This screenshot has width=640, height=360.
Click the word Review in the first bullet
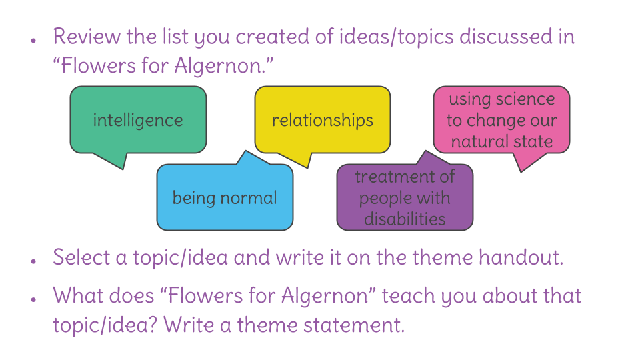tap(87, 36)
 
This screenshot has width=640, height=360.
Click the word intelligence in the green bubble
tap(138, 121)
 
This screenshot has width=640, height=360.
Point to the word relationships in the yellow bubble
tap(323, 121)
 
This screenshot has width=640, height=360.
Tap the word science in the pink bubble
tap(525, 99)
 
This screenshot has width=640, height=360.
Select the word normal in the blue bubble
tap(249, 198)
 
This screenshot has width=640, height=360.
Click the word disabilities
tap(405, 219)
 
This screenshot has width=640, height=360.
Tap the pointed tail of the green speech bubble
tap(123, 168)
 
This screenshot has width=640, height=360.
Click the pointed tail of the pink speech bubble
tap(521, 171)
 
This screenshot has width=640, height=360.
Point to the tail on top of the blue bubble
tap(246, 152)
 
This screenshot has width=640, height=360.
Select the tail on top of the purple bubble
tap(426, 152)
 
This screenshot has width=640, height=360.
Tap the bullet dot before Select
tap(33, 261)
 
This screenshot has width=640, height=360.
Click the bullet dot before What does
tap(33, 299)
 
